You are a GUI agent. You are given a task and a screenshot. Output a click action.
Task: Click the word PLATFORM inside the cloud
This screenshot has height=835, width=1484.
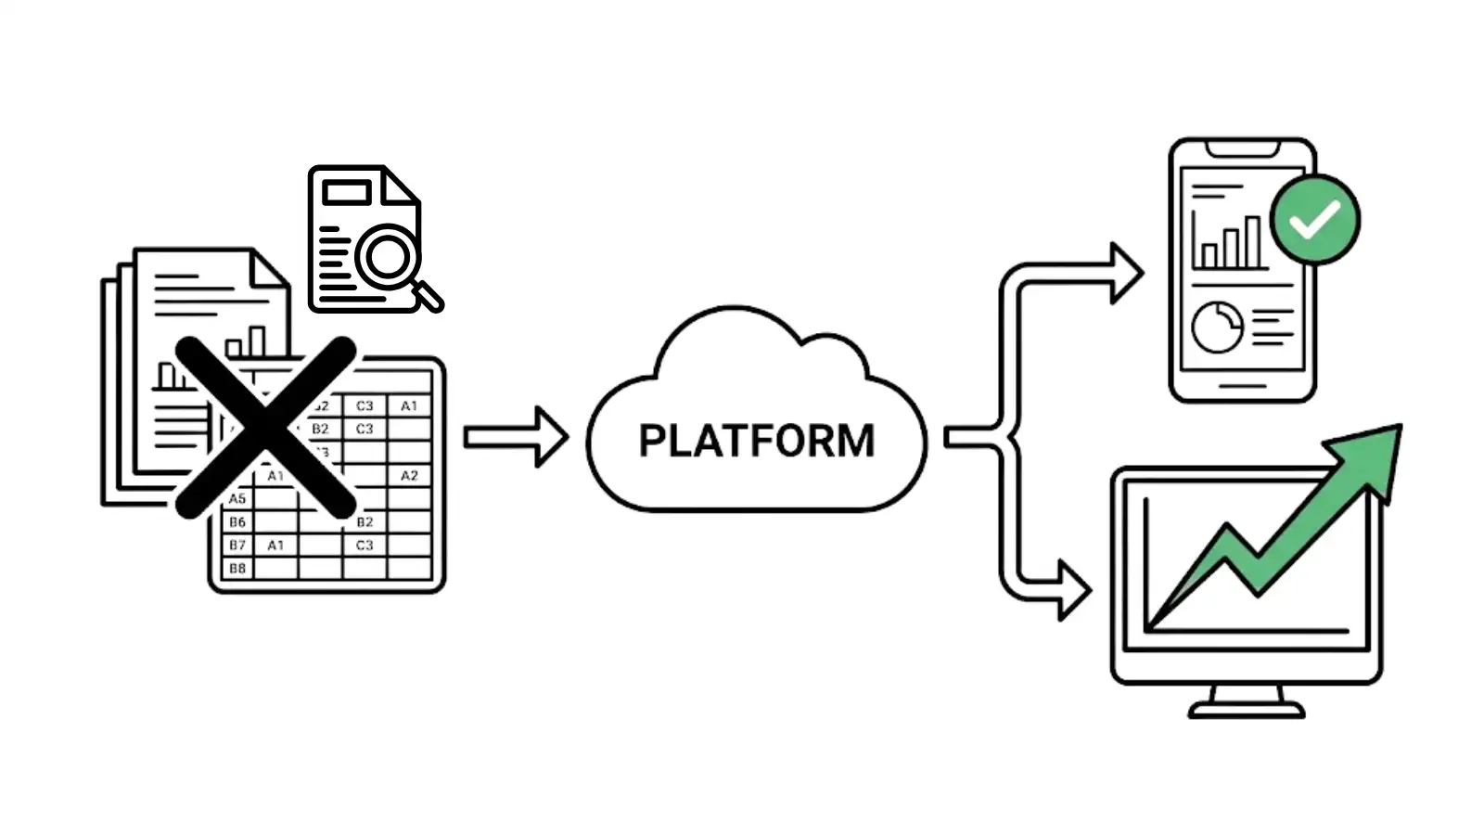coord(756,441)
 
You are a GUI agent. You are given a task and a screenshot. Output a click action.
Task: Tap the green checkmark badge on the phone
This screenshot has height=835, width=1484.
coord(1314,220)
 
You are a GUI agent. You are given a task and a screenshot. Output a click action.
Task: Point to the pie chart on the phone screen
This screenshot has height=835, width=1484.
coord(1217,327)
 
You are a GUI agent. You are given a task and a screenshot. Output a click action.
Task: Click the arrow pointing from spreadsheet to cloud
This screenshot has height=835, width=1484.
coord(516,436)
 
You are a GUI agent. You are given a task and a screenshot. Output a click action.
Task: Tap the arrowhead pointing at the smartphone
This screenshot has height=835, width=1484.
coord(1126,273)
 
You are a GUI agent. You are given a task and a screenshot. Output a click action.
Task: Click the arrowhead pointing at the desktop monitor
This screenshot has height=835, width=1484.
coord(1074,589)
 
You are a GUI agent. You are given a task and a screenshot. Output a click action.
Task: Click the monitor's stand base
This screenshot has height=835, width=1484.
coord(1246,711)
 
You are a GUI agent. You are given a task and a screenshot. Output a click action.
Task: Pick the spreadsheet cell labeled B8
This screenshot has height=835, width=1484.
coord(237,568)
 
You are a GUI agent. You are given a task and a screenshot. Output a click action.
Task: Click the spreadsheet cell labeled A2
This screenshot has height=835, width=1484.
coord(409,475)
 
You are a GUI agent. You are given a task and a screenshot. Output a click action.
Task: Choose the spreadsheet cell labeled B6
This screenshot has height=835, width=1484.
coord(237,521)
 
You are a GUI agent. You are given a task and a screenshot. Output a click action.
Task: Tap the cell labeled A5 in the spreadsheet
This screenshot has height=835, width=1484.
coord(237,498)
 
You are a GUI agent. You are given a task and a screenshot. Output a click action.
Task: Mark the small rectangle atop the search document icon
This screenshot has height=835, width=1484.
coord(346,192)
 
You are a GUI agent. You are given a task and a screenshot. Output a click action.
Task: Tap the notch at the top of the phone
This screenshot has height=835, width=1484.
coord(1242,148)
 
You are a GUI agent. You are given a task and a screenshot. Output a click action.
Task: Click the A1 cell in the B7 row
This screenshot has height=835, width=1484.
coord(275,545)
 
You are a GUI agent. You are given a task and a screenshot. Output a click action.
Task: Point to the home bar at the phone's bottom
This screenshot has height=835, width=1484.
coord(1242,386)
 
